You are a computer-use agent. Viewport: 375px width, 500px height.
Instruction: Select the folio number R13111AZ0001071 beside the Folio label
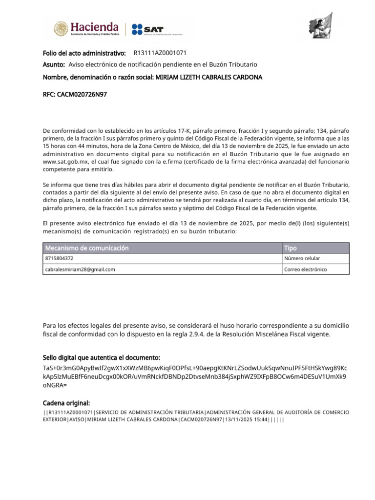pyautogui.click(x=160, y=53)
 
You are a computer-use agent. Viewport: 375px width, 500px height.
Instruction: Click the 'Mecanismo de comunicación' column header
pyautogui.click(x=86, y=248)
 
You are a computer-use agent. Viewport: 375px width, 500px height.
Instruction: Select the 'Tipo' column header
pyautogui.click(x=291, y=248)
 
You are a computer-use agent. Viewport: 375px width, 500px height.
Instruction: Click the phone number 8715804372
pyautogui.click(x=59, y=258)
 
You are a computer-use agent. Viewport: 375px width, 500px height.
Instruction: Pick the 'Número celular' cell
pyautogui.click(x=302, y=258)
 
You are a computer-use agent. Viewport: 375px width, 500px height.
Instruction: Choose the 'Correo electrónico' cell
pyautogui.click(x=306, y=269)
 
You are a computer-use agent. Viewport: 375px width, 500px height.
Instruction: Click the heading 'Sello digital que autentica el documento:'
pyautogui.click(x=102, y=358)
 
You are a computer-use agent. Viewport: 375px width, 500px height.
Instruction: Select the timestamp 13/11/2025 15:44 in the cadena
pyautogui.click(x=244, y=420)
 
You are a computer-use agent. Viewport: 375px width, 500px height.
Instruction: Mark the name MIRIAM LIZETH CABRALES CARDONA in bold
pyautogui.click(x=208, y=77)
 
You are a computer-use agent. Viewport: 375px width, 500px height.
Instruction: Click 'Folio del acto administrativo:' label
pyautogui.click(x=84, y=53)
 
